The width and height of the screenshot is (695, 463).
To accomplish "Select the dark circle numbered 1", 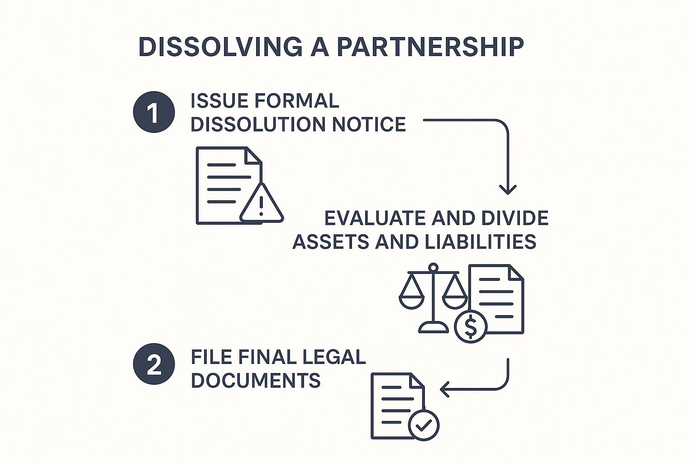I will (x=154, y=113).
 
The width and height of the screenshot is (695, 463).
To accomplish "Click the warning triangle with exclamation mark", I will (x=261, y=204).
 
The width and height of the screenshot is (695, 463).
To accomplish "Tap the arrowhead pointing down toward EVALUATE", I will (x=508, y=189).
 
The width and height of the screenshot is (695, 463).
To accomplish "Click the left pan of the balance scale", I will (x=411, y=298).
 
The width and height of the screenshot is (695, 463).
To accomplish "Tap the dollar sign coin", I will (x=471, y=326).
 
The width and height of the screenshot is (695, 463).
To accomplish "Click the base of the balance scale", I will (x=433, y=327).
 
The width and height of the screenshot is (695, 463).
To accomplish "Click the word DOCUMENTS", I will (x=256, y=381).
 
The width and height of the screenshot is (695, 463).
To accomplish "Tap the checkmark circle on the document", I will (x=424, y=425).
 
